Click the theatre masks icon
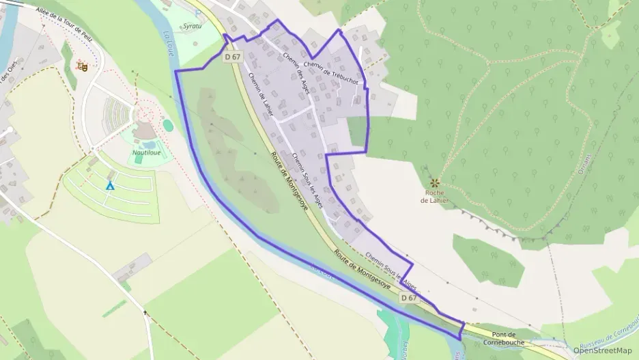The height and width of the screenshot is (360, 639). (83, 66)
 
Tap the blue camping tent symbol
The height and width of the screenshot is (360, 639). (109, 185)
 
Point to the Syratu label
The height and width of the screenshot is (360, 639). (193, 26)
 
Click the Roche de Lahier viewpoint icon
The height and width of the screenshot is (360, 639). (435, 183)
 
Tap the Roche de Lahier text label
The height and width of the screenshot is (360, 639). (435, 197)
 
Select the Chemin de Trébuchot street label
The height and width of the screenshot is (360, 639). (332, 70)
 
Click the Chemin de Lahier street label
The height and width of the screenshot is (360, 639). (261, 94)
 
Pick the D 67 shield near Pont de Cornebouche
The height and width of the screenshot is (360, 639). (408, 298)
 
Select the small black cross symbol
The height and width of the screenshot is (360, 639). (145, 312)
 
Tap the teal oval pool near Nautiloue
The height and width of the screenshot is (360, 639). (167, 125)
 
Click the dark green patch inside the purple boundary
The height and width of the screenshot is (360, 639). (357, 131)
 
